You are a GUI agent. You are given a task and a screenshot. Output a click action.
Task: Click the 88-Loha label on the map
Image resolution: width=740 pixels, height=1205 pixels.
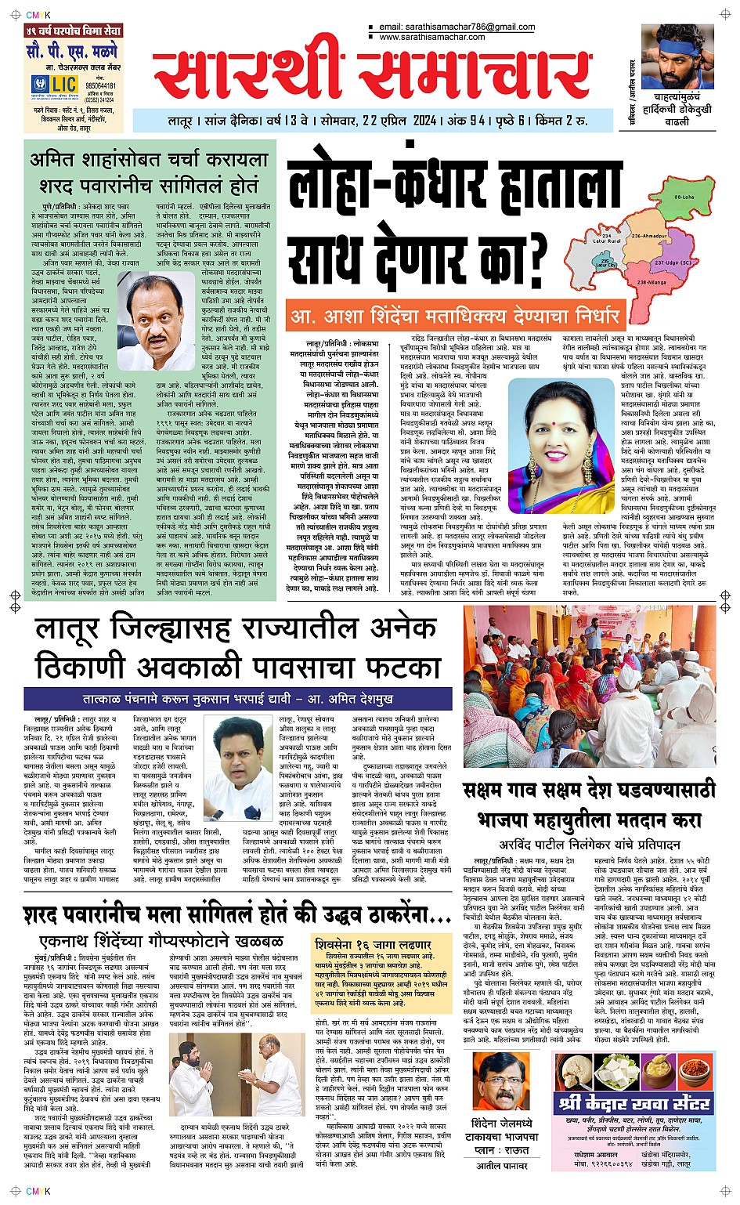click(x=684, y=197)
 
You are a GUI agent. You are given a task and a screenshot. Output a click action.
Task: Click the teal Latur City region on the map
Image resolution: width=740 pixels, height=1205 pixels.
click(x=606, y=264)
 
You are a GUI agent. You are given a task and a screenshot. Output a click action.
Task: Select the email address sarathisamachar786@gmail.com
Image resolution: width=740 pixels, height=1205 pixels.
click(x=457, y=27)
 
